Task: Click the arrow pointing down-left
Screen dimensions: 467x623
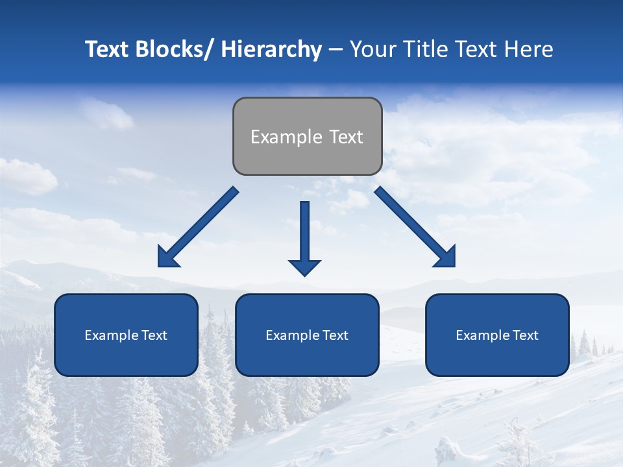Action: pyautogui.click(x=198, y=227)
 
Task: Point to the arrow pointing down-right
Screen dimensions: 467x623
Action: pyautogui.click(x=415, y=227)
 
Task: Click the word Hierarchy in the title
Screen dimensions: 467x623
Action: pyautogui.click(x=271, y=49)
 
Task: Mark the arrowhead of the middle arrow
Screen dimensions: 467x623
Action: pyautogui.click(x=304, y=267)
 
